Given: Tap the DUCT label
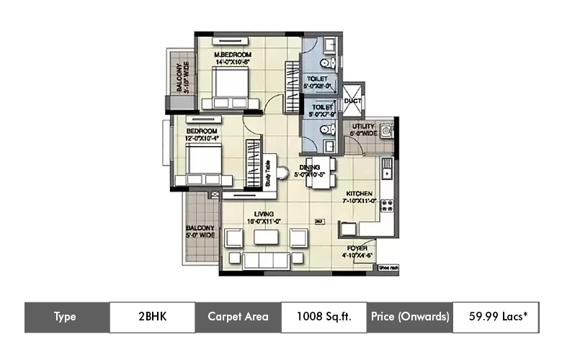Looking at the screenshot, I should tap(353, 102).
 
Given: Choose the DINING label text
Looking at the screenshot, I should tap(315, 171).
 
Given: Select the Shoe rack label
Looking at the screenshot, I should tap(387, 269).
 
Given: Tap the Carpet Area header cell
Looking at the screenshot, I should tap(238, 317).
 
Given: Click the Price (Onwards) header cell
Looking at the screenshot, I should tap(409, 317).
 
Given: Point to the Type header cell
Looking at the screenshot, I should tap(66, 317).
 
